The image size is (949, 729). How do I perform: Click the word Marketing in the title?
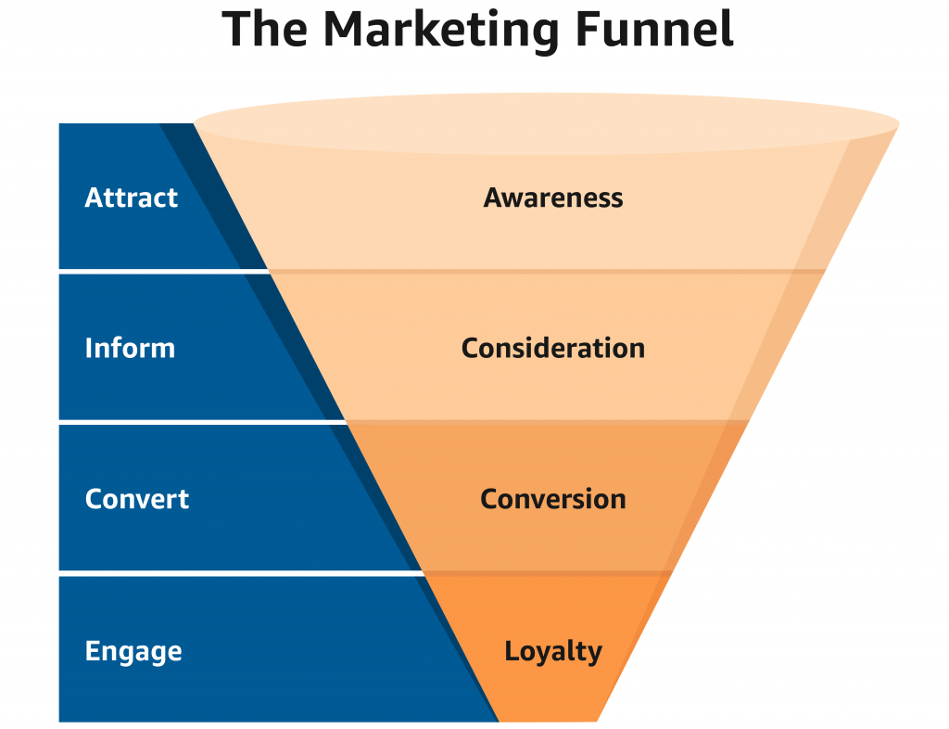tap(440, 30)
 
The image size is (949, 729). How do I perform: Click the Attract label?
tap(131, 198)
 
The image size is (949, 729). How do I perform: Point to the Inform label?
tap(130, 348)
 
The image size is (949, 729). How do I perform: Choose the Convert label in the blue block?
tap(136, 499)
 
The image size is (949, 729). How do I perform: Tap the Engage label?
tap(133, 651)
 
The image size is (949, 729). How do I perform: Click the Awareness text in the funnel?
tap(553, 198)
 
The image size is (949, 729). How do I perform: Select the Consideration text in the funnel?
tap(553, 348)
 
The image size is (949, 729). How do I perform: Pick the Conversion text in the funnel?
tap(553, 499)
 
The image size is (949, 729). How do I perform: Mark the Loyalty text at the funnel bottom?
tap(553, 651)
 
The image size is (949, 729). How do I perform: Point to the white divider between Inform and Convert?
tap(185, 422)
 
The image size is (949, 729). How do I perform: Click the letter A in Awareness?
tap(493, 198)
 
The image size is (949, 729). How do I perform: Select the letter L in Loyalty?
tap(511, 651)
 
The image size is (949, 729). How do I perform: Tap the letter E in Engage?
tap(92, 651)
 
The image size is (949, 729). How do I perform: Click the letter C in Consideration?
tap(470, 348)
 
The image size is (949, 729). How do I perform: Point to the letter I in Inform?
tap(89, 348)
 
